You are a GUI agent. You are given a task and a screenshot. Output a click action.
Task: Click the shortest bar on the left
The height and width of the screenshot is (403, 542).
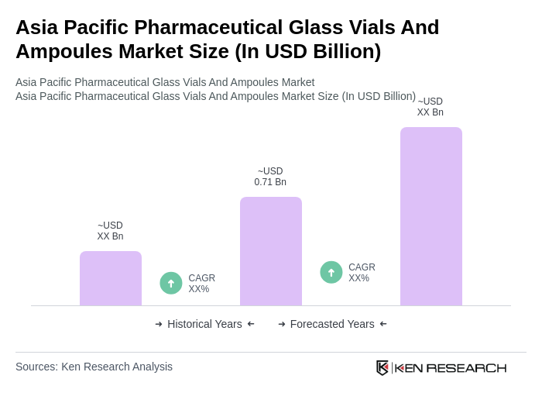tap(111, 278)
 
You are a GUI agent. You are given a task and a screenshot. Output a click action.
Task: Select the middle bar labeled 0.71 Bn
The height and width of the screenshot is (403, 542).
tap(271, 251)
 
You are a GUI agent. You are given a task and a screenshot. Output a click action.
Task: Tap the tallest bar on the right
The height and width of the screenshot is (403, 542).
tap(431, 216)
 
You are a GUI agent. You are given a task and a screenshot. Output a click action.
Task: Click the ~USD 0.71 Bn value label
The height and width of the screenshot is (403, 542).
tap(270, 177)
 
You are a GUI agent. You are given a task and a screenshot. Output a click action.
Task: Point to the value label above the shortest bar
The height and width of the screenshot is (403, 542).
tap(110, 231)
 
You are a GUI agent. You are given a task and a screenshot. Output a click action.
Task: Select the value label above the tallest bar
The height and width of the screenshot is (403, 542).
tap(431, 107)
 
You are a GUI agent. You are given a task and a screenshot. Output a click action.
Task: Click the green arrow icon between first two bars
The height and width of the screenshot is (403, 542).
tap(171, 284)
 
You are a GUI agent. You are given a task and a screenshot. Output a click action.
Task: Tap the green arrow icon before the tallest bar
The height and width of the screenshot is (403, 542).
tap(331, 273)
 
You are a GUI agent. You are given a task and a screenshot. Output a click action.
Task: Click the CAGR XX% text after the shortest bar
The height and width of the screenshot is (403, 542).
tap(201, 284)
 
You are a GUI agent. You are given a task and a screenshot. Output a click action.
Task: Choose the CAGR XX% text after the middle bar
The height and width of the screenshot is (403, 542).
tap(362, 273)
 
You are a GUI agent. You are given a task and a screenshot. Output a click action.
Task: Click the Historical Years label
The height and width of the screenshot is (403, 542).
tap(204, 324)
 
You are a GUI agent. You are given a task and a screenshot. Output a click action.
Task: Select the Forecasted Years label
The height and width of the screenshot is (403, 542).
tap(332, 324)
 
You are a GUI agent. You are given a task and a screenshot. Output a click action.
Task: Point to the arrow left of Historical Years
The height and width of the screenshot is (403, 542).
tap(159, 324)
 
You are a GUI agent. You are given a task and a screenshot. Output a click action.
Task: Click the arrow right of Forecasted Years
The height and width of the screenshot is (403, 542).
tap(383, 324)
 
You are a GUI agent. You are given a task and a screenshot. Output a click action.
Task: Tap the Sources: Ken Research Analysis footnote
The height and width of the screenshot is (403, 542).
tap(94, 367)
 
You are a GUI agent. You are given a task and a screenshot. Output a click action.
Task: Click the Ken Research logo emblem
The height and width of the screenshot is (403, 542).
tap(382, 367)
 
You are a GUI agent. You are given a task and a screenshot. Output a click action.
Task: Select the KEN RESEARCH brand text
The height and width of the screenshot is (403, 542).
tap(450, 368)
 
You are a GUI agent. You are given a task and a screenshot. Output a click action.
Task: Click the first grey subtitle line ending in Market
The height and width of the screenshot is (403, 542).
tap(165, 82)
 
